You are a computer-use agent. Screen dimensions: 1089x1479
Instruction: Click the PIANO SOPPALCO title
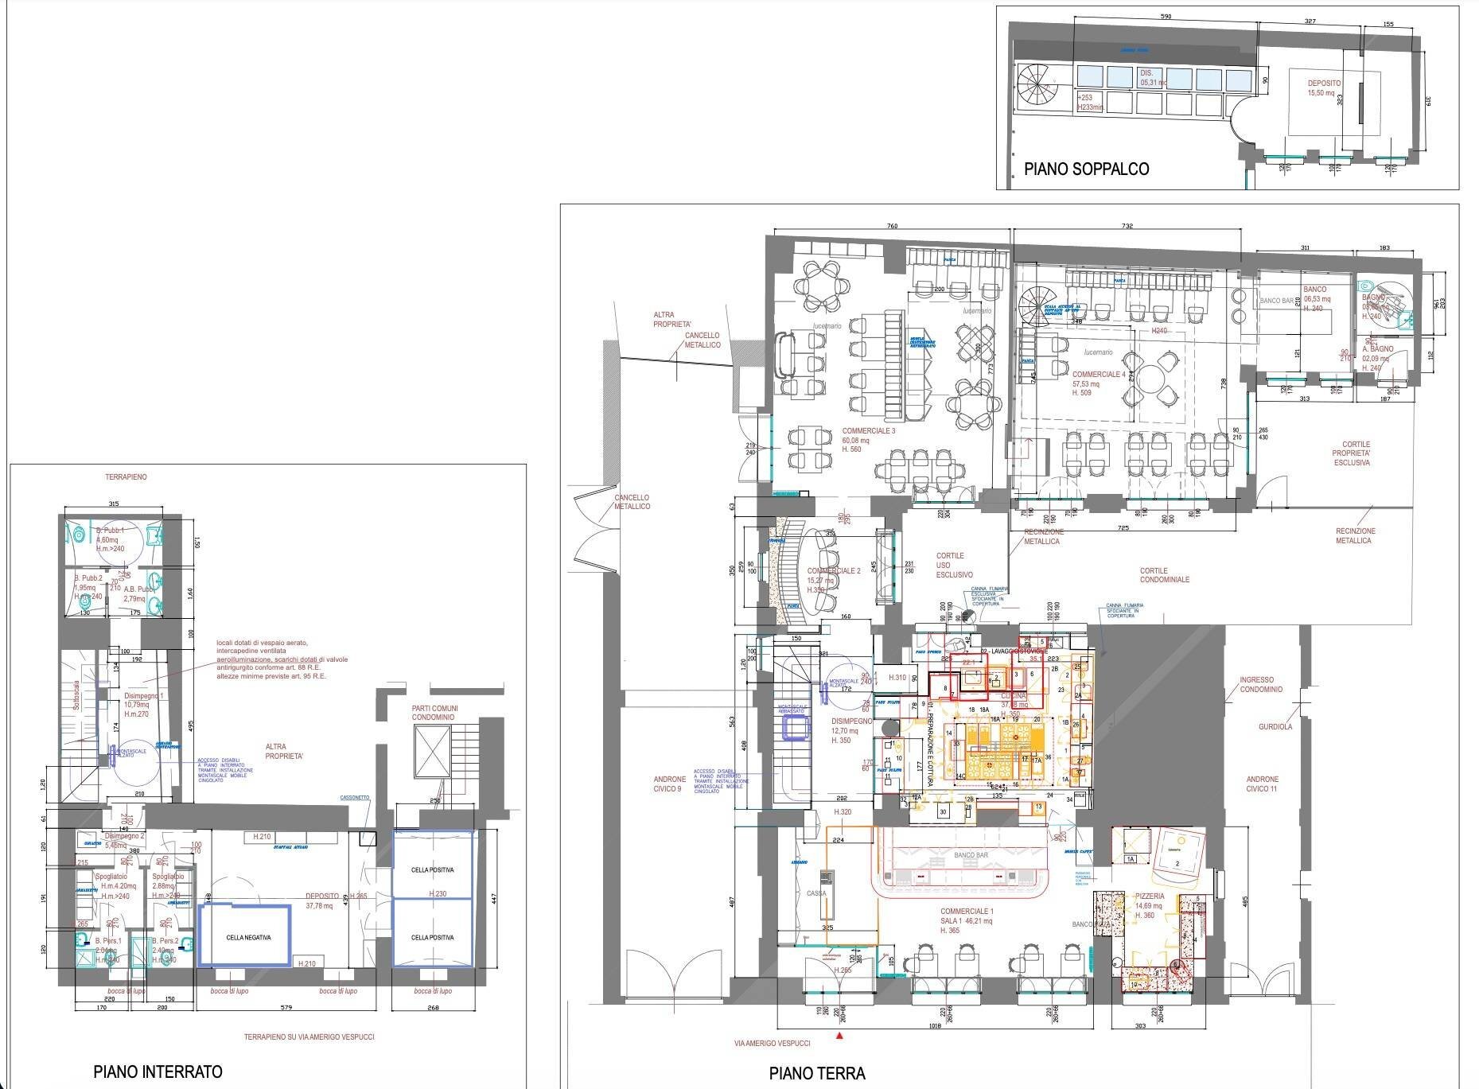1086,169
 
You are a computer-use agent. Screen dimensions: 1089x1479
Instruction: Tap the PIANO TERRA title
816,1073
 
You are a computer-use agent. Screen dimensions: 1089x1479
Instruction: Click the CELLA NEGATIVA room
245,937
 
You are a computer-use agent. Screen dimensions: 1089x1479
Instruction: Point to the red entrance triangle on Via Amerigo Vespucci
839,1036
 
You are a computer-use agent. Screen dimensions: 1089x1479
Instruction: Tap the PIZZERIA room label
1150,896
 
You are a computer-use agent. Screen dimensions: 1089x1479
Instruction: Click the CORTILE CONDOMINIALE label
1164,574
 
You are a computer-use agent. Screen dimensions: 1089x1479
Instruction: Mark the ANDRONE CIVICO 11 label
1262,784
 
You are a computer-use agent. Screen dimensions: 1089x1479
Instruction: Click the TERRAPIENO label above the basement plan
126,477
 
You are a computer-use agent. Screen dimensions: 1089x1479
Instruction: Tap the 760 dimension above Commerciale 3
892,226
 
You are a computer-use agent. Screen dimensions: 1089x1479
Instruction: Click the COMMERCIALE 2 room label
834,571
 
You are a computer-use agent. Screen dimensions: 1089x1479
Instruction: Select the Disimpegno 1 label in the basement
143,695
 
